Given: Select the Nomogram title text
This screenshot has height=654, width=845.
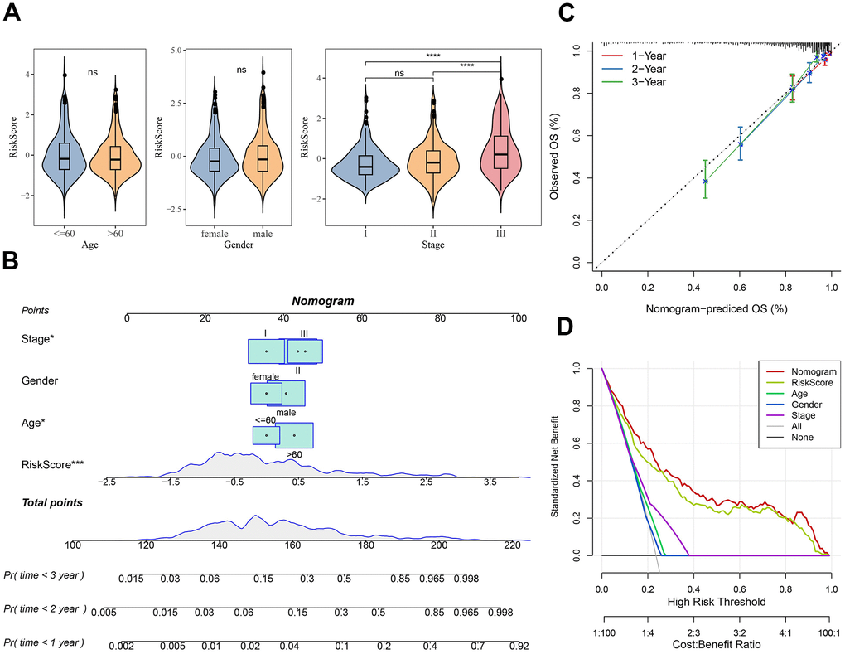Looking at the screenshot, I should pos(322,303).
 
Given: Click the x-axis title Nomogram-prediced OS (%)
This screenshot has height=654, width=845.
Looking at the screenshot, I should pos(715,308).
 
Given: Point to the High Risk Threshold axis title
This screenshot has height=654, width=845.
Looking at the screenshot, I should pos(717,601).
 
